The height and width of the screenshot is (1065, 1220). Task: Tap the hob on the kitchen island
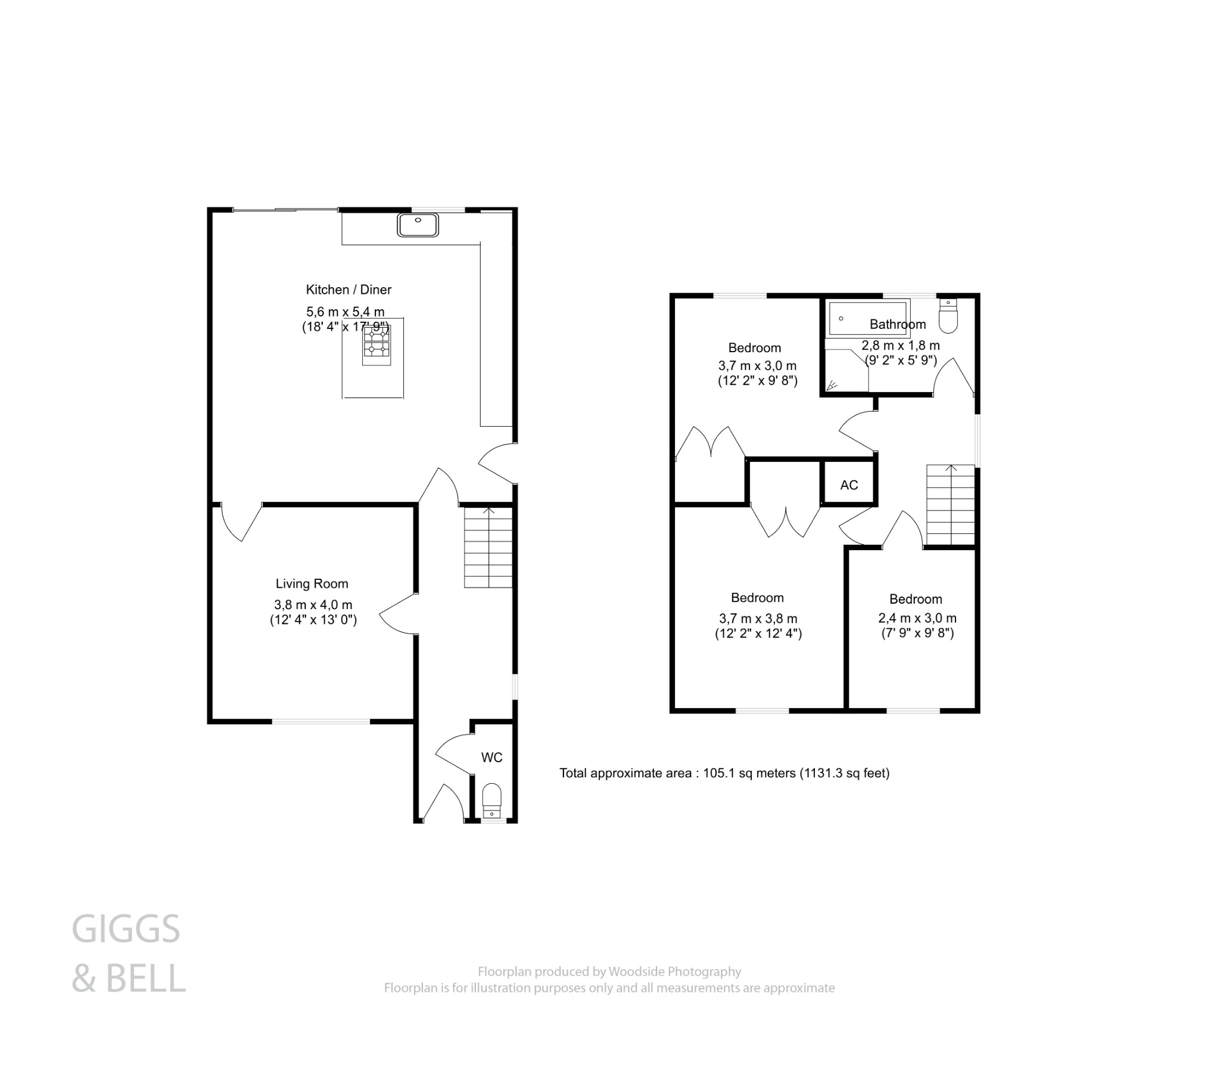point(376,345)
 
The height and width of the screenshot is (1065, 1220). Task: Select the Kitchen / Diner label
point(348,290)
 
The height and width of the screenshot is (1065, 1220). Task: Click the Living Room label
point(312,584)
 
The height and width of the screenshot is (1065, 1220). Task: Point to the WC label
point(491,757)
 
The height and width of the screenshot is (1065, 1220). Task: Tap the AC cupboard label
point(849,485)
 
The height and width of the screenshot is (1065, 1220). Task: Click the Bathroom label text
point(898,325)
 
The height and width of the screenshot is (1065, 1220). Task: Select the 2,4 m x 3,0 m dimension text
point(917,618)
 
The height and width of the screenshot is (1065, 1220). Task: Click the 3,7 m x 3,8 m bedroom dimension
point(758,619)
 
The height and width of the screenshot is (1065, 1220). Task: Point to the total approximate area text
point(724,774)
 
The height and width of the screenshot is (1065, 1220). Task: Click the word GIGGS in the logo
point(126,929)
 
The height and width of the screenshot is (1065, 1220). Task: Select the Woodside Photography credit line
point(609,972)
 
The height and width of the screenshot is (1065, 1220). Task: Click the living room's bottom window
point(321,722)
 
